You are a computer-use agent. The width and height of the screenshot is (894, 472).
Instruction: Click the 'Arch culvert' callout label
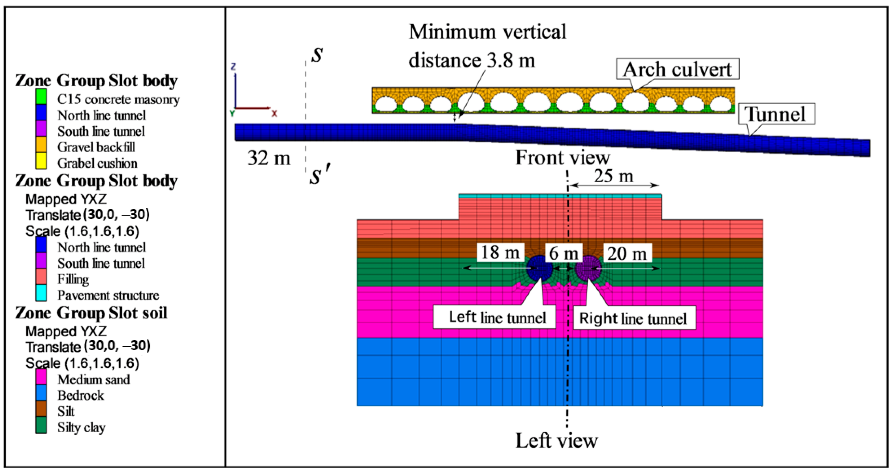pos(677,69)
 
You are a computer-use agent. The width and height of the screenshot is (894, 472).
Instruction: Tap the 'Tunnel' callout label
pos(776,114)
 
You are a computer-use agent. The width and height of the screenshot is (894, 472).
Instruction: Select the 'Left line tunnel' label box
pos(494,317)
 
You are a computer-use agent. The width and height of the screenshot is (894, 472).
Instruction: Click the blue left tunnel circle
pos(539,268)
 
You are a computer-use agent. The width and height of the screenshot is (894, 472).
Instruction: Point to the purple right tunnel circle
pos(588,268)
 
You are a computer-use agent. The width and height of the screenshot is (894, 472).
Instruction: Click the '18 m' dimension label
pos(500,252)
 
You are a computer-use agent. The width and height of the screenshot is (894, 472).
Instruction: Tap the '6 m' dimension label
pos(563,253)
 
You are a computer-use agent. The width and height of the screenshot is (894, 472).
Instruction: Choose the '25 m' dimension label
pos(613,176)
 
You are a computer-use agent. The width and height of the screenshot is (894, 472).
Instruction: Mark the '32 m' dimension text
pos(269,158)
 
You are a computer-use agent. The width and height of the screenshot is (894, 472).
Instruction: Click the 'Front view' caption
pos(562,157)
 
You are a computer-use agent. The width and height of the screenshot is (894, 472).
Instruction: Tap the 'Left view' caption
pos(557,441)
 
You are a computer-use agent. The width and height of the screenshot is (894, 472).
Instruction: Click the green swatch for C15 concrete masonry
pos(41,97)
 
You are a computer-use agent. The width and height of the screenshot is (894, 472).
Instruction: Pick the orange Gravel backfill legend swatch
pos(41,145)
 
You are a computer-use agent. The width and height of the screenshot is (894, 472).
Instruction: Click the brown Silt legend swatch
pos(41,409)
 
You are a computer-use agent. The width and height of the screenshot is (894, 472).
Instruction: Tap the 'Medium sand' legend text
pos(93,379)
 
